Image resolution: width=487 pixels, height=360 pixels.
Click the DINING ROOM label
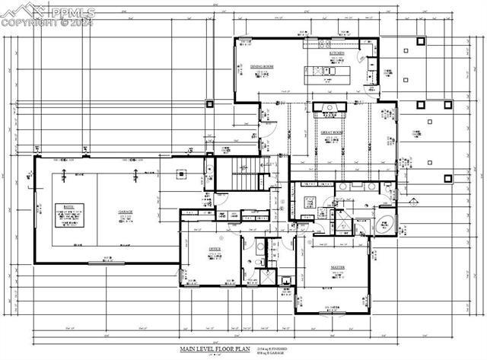click(x=262, y=67)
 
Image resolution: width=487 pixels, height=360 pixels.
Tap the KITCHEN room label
click(x=337, y=53)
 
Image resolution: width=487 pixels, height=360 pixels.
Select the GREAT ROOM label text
click(x=331, y=132)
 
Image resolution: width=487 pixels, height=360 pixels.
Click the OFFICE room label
click(x=215, y=249)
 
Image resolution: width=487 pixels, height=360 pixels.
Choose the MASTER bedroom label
click(x=337, y=268)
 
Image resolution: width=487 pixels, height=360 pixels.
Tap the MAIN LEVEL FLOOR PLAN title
click(x=215, y=349)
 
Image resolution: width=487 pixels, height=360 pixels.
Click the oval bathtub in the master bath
click(x=385, y=224)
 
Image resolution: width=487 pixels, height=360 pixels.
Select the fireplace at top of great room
click(x=329, y=107)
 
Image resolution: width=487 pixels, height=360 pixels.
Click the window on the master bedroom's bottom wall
click(x=336, y=313)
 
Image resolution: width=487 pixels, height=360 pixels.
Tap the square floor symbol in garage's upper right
click(x=181, y=174)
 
